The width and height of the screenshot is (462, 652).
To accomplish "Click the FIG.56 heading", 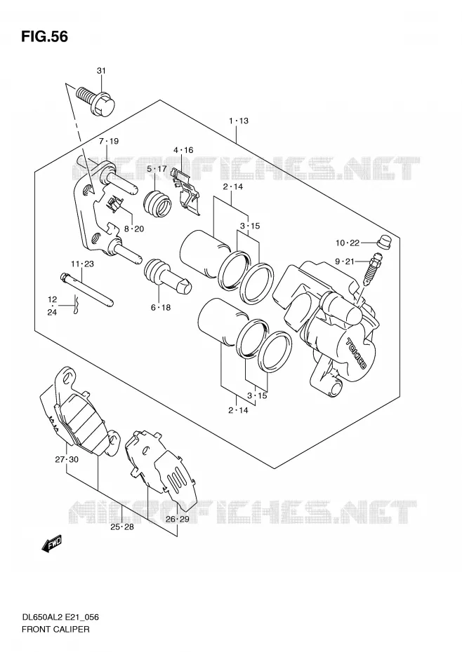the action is (44, 36).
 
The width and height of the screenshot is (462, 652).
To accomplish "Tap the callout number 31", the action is (101, 71).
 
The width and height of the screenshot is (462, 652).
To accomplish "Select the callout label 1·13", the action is (238, 121).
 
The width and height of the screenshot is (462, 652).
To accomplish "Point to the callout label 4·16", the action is (183, 150).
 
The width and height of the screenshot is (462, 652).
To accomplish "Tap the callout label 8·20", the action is (133, 229).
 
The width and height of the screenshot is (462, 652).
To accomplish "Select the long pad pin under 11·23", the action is (87, 290).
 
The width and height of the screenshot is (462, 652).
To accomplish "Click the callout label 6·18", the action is (161, 308).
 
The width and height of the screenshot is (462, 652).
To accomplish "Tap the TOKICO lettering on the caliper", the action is (355, 353).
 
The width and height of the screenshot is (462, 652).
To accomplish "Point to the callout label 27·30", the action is (67, 459).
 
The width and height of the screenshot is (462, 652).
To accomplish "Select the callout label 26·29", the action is (177, 519).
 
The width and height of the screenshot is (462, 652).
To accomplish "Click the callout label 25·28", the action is (122, 527).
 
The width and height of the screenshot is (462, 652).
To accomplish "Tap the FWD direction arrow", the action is (52, 544).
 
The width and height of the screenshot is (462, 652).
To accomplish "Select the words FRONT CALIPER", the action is (55, 629).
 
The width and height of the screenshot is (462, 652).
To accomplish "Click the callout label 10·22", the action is (348, 243).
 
